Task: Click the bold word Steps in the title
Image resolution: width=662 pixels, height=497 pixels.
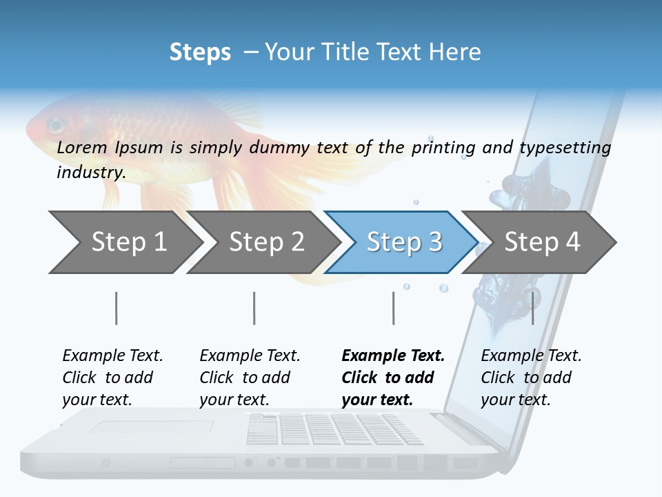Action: [x=200, y=52]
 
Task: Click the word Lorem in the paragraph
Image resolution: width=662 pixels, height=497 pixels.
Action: [x=82, y=147]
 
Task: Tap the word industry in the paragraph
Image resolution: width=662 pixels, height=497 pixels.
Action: [x=90, y=173]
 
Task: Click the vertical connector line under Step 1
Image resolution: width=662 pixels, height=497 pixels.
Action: [x=116, y=308]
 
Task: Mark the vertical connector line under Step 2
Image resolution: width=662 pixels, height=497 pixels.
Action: [x=254, y=308]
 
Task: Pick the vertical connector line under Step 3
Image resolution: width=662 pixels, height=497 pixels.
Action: [x=393, y=308]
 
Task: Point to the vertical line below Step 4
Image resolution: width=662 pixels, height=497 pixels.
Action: [x=532, y=308]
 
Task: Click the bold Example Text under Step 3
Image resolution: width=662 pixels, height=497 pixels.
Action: [x=393, y=356]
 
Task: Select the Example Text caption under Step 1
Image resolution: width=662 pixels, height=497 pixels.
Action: [x=112, y=356]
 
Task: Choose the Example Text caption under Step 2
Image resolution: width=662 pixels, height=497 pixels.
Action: [x=250, y=356]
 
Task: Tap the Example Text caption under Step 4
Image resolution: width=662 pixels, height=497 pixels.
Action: [x=531, y=356]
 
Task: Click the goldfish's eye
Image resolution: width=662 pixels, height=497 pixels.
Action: [x=54, y=125]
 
